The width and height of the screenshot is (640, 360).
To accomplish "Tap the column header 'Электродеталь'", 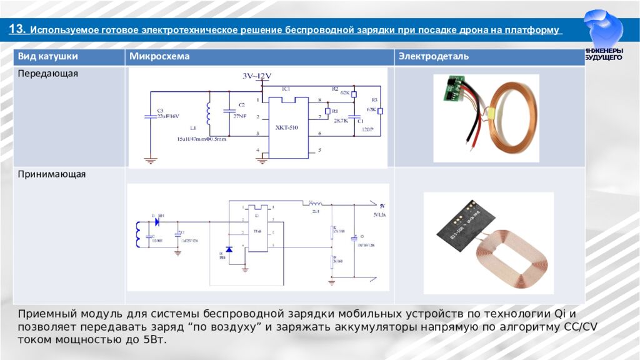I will [x=434, y=57].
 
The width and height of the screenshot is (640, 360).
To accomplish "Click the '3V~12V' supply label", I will [x=257, y=76].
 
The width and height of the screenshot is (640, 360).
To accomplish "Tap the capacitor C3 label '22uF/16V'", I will [x=168, y=116].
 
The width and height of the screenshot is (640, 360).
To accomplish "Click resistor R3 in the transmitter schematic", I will [x=379, y=111].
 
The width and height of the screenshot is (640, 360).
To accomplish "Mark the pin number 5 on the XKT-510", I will [x=319, y=151].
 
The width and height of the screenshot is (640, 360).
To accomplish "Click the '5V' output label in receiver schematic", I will [x=382, y=205].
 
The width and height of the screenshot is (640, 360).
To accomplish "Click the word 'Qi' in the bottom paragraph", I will [x=560, y=312].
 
